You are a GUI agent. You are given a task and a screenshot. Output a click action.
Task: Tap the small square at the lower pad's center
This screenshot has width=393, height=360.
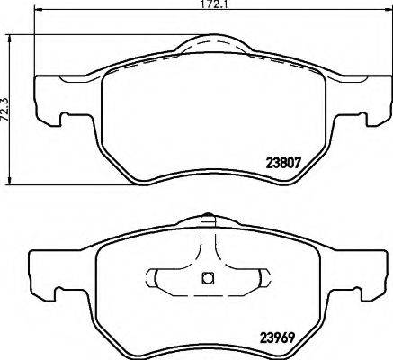pos(206,278)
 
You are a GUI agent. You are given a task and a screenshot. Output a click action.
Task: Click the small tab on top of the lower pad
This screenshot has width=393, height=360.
pos(207,217)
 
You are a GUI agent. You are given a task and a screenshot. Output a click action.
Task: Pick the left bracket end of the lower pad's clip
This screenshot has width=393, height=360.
pos(160,278)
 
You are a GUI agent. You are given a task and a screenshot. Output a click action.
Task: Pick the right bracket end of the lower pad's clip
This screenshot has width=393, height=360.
pos(254,278)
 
